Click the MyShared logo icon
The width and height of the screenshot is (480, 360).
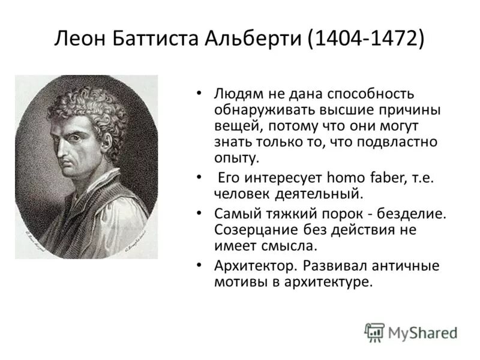click(x=374, y=332)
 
